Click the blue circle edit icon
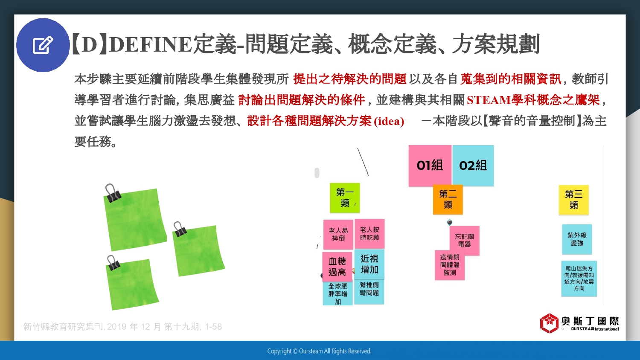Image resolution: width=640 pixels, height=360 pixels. pos(43,45)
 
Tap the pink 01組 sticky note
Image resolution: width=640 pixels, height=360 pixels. pos(430,166)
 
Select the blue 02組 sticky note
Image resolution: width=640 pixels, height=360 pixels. pos(473,166)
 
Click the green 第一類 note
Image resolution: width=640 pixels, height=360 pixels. pos(345,198)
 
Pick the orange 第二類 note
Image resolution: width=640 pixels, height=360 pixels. pos(448,200)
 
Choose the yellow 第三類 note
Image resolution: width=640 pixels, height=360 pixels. pos(574,200)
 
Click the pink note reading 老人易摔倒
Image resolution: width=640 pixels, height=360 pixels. pos(338,234)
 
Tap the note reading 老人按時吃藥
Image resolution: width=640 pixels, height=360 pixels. pos(370,233)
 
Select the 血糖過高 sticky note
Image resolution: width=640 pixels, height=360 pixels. pos(337,267)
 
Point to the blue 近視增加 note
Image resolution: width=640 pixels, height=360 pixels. pos(369,264)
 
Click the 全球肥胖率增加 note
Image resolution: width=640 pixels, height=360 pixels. pos(338,293)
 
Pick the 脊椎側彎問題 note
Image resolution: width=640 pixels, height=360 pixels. pos(369,291)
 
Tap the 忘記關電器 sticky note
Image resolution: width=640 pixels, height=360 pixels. pos(465,241)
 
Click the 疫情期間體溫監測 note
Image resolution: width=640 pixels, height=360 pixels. pos(450,265)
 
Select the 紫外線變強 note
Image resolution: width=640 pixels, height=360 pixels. pos(577,239)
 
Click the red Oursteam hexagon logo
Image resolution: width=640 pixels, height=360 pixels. pos(549,323)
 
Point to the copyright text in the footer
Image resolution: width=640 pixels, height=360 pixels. pos(319,351)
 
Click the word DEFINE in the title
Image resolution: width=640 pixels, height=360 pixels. pos(151,44)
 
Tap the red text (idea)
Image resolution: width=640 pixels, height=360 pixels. pos(389,121)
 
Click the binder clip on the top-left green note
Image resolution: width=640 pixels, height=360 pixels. pos(112,193)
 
